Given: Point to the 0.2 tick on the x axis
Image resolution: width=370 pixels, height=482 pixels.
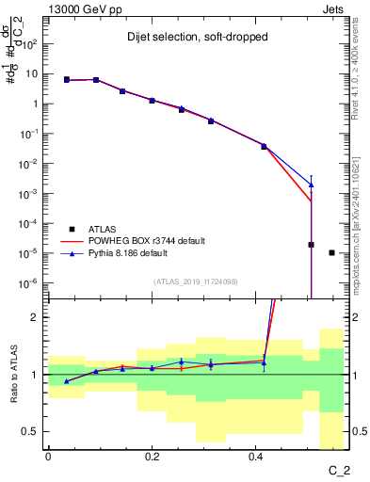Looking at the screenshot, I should coord(152,456).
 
